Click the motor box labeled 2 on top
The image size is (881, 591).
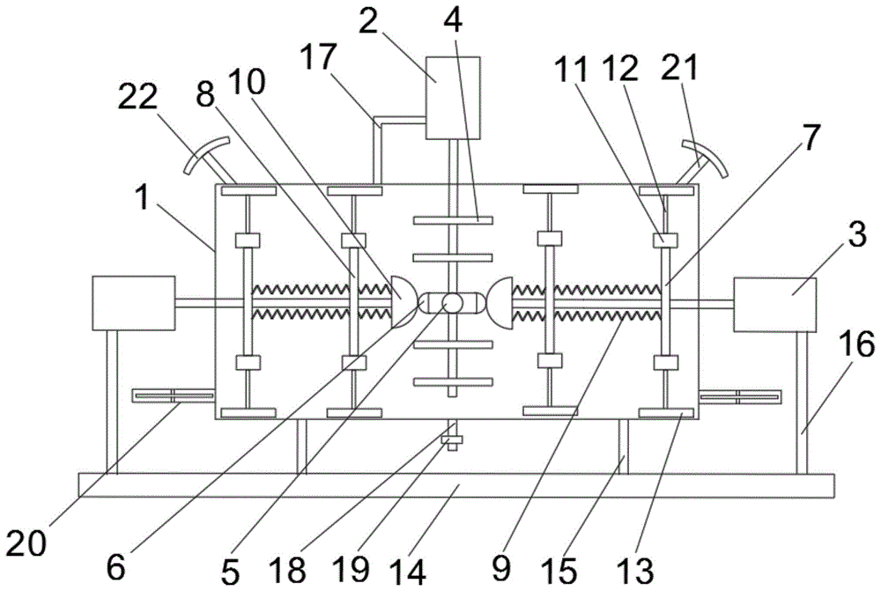(453, 97)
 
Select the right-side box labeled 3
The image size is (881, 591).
(774, 305)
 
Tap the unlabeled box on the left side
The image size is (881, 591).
(133, 303)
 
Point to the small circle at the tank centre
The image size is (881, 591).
(452, 303)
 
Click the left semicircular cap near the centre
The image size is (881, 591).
(401, 301)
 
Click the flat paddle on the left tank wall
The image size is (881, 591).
(173, 396)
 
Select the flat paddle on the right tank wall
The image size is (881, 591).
(739, 396)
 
